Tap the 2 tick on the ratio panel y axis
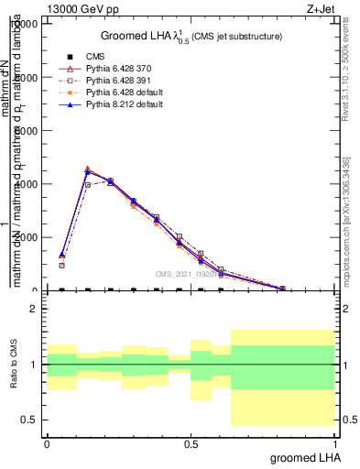point(34,310)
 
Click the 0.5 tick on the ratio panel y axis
point(29,420)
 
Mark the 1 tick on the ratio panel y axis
point(34,365)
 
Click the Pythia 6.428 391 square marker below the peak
point(87,184)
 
